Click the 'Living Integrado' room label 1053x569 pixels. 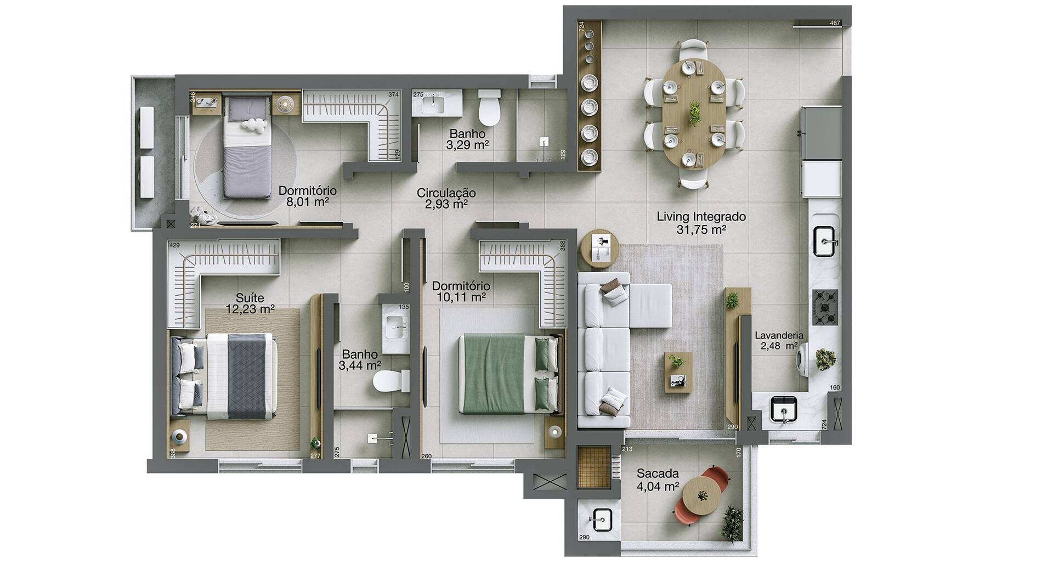[x=701, y=217]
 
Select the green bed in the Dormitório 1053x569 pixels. [x=510, y=374]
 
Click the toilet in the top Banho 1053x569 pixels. [x=489, y=107]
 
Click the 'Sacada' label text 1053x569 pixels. [x=658, y=474]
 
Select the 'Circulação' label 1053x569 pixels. [x=446, y=193]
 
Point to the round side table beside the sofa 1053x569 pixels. [x=600, y=249]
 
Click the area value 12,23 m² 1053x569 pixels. [x=250, y=309]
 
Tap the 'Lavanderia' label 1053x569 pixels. [x=779, y=335]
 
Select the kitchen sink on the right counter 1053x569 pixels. [x=826, y=241]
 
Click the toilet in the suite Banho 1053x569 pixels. [x=391, y=381]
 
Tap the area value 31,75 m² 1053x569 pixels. [x=701, y=229]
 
